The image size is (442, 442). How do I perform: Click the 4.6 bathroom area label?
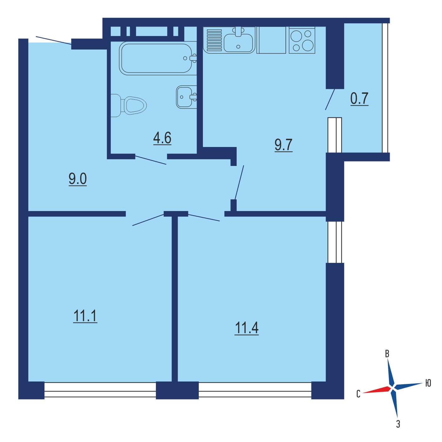pos(162,138)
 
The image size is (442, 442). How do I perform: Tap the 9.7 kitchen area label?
pos(283,145)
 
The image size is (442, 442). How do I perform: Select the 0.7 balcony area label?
pos(359,99)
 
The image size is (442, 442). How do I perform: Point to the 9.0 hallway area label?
pos(78,179)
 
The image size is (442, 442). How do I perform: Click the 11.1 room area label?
pos(85,316)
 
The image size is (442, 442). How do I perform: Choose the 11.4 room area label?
pos(247,328)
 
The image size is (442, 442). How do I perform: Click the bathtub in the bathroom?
pos(158,58)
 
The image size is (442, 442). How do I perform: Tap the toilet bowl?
pos(128,105)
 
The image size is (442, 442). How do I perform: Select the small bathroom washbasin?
pos(186,97)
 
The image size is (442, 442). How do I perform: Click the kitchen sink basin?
pos(238,43)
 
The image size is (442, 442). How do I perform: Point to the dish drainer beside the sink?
pos(214,40)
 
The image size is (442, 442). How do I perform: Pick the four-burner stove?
pos(302,40)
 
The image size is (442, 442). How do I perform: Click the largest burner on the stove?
pos(308,45)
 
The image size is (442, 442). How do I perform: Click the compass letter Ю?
pos(428,383)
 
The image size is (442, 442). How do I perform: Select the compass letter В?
pos(387,354)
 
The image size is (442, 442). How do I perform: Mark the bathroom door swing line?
pos(151,160)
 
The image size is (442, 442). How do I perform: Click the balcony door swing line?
pos(330,100)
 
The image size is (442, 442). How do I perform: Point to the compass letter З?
pos(398,424)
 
